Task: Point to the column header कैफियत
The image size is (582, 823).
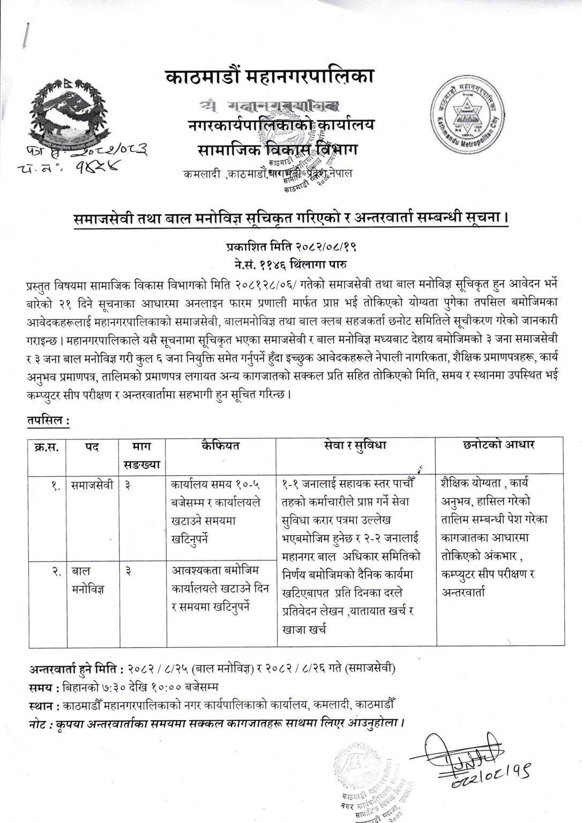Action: pos(220,446)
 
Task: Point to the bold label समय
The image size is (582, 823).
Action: pos(41,686)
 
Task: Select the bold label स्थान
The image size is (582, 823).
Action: pos(43,702)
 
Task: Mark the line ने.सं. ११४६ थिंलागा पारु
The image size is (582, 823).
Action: pos(290,263)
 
